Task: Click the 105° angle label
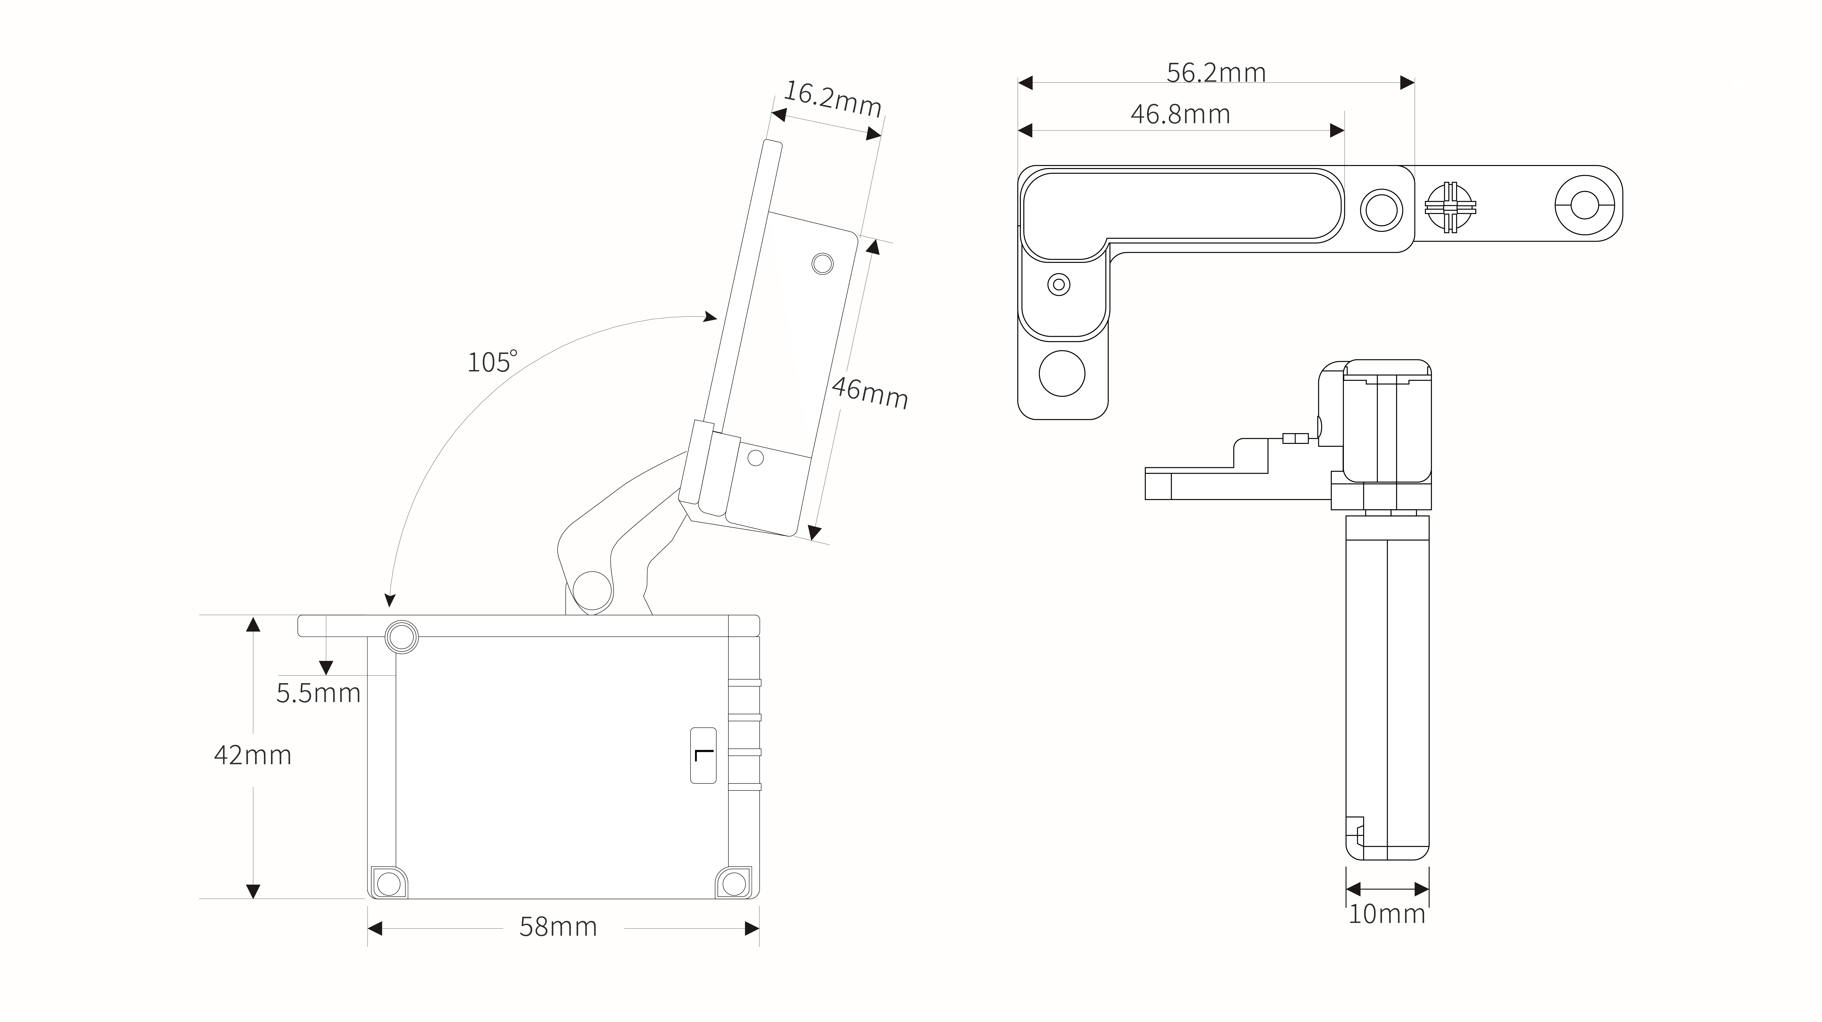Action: [x=492, y=361]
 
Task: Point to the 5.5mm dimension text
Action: [x=318, y=693]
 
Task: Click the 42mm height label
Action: [x=253, y=755]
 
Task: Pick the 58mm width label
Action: [x=558, y=927]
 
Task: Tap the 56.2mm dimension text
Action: [x=1216, y=72]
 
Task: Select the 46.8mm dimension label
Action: [x=1181, y=114]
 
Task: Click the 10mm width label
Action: [x=1386, y=914]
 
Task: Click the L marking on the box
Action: [x=703, y=755]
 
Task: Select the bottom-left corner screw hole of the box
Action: [x=388, y=883]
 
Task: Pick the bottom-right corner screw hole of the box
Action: [x=734, y=883]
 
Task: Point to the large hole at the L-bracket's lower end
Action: [x=1062, y=373]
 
